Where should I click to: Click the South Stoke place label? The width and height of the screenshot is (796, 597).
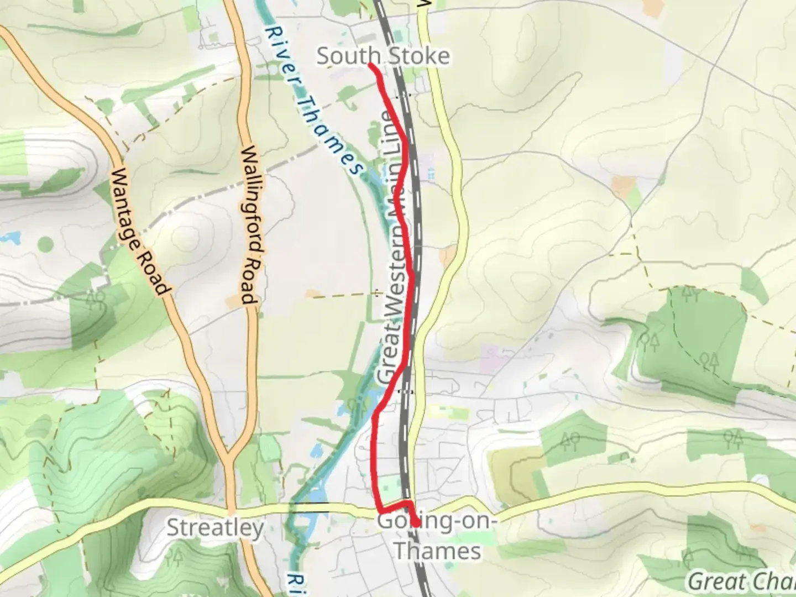click(383, 56)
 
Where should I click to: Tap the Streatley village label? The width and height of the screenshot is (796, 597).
click(215, 527)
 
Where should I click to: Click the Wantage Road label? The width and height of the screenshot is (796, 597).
click(138, 232)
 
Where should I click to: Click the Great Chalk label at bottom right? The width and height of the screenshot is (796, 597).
click(741, 582)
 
